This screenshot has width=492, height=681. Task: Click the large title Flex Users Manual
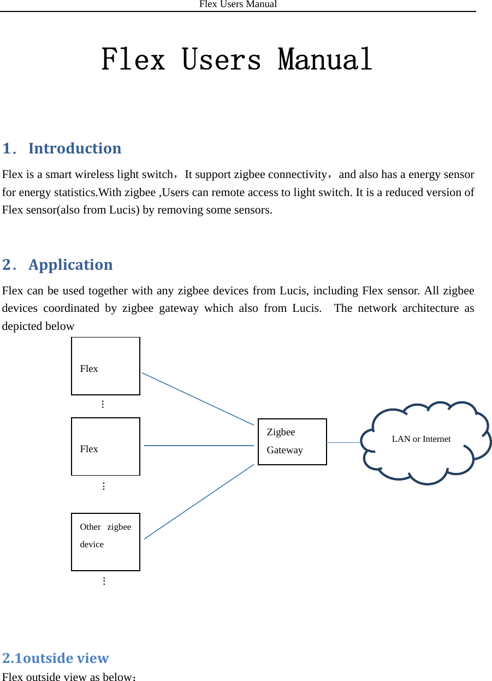coord(237,60)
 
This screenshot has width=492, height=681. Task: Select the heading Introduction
coord(75,149)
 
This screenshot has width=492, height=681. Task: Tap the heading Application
coord(70,265)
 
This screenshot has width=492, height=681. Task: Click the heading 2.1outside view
coord(56,658)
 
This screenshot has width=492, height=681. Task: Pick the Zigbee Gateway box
coord(292,441)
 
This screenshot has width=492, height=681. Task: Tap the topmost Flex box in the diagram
coord(105,366)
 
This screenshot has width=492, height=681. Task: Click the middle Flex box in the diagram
coord(105,446)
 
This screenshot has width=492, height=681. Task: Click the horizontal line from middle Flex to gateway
coord(199,446)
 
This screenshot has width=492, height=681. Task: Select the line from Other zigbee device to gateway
coord(199,501)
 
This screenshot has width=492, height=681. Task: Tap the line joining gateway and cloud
coord(344,442)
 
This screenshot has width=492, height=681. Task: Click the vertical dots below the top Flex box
coord(103,405)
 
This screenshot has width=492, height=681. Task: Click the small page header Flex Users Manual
coord(238,4)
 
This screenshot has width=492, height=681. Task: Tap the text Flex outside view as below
coord(68,677)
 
